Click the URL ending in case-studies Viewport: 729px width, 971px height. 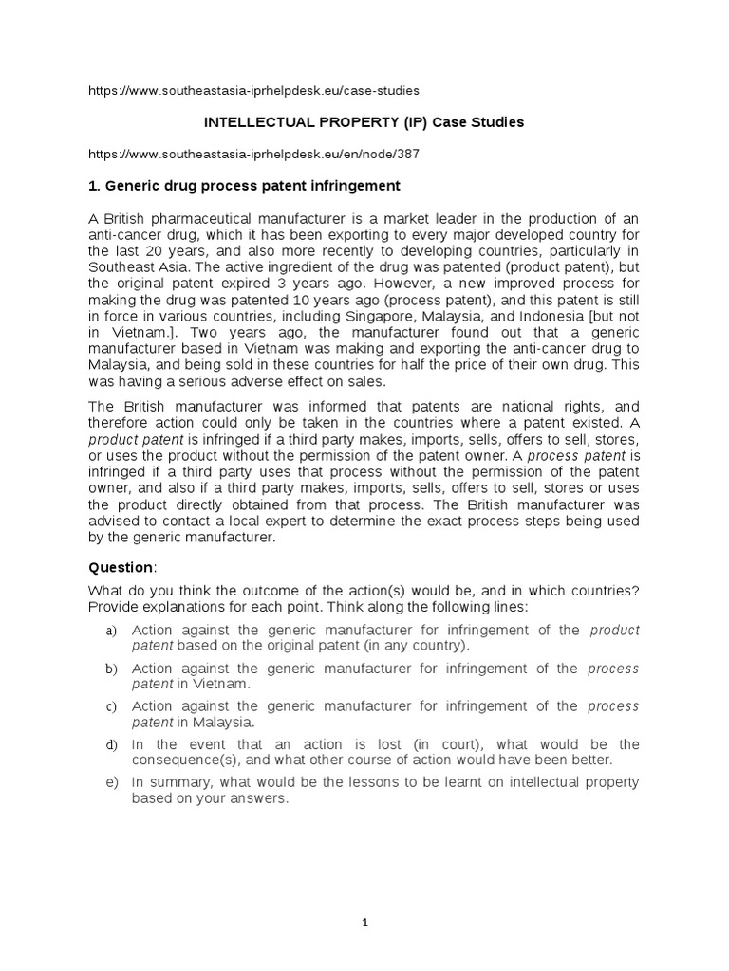coord(253,90)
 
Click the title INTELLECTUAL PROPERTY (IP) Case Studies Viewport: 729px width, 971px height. coord(365,122)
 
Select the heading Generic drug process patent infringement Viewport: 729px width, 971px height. coord(244,185)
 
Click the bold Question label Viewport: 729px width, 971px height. coord(120,567)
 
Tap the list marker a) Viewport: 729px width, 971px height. coord(111,631)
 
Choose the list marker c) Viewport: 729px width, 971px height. coord(111,706)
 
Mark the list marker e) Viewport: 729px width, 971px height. coord(111,782)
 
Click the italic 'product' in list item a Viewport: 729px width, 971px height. coord(615,631)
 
